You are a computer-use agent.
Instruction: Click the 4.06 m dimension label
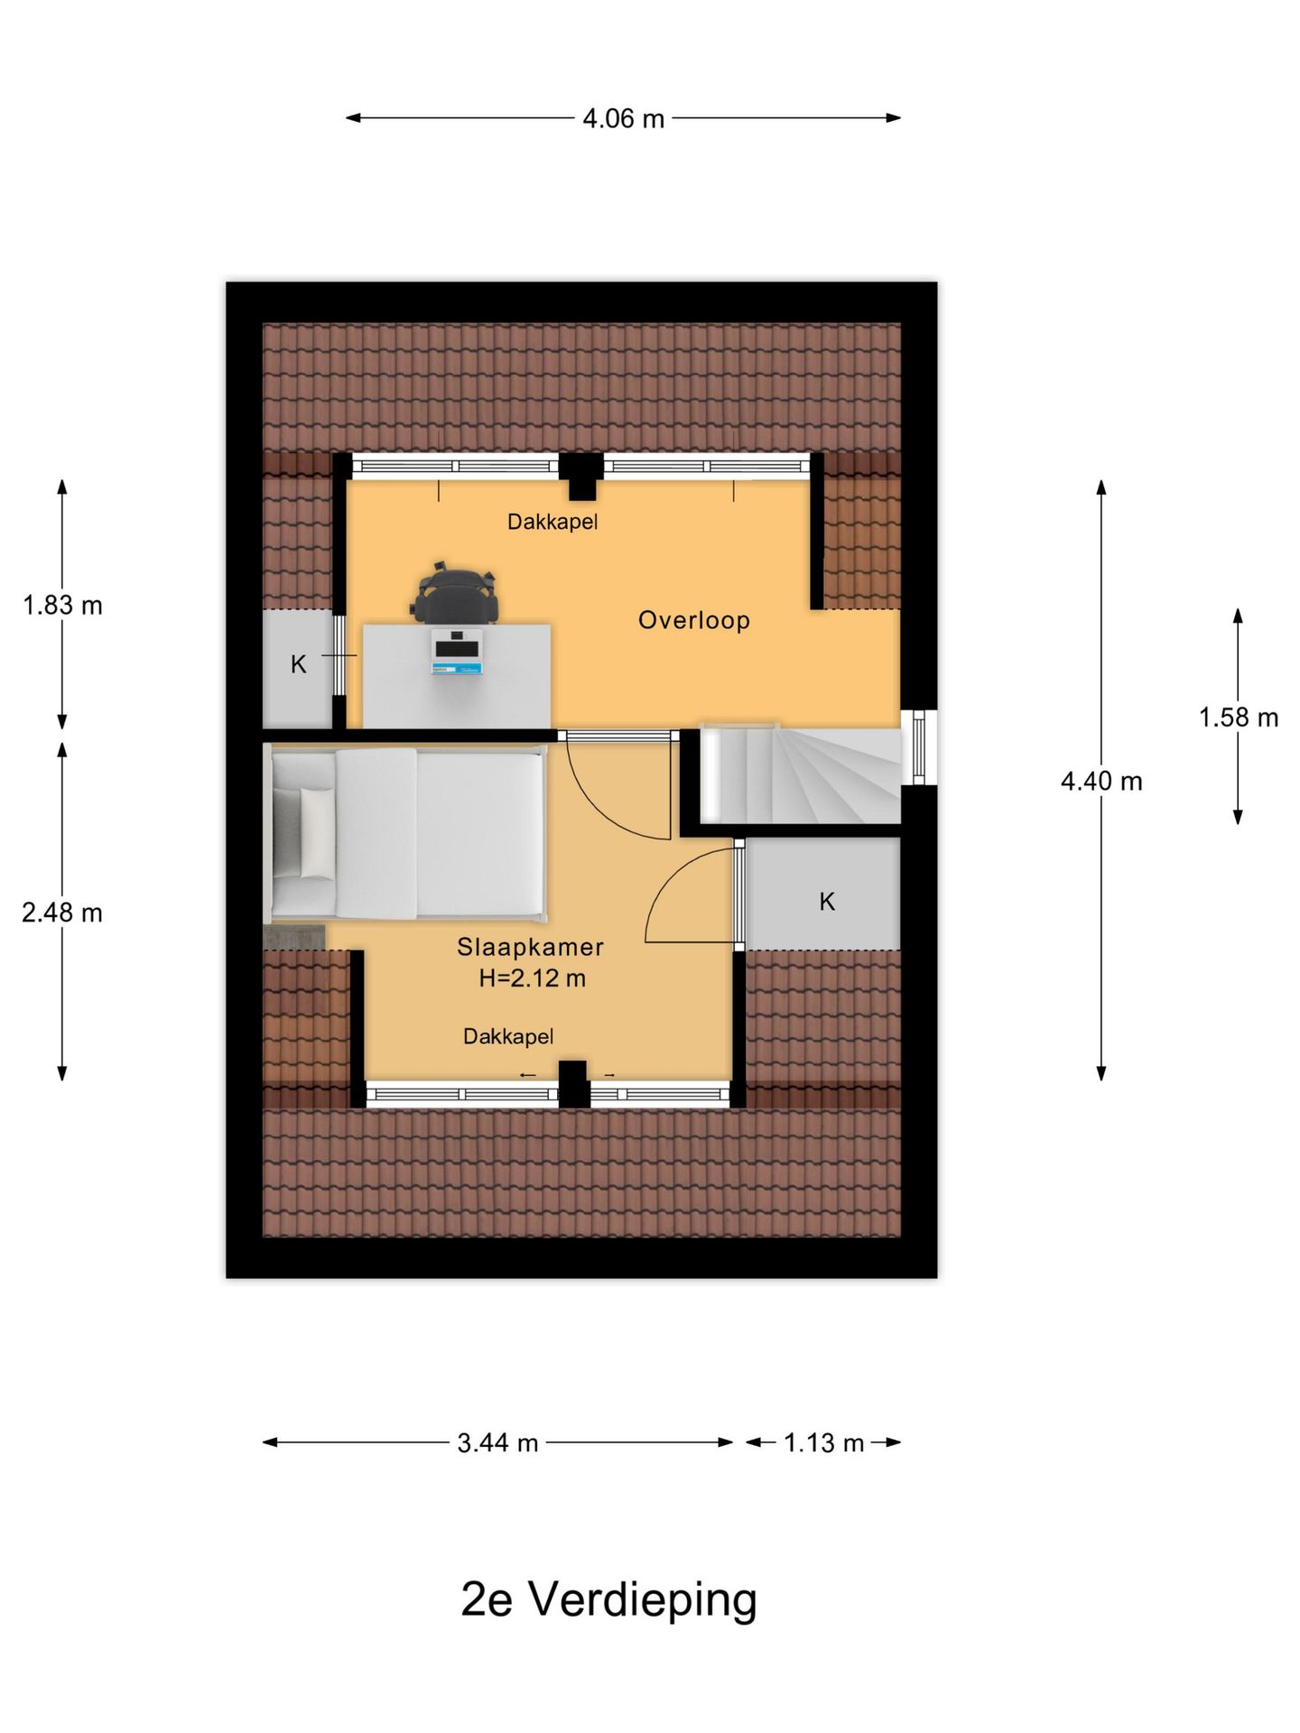[623, 118]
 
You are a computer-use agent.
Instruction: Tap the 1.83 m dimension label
[62, 605]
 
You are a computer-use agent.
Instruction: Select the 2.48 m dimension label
[62, 913]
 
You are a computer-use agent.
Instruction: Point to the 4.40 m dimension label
[1101, 781]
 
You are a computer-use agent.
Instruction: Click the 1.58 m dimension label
[1239, 718]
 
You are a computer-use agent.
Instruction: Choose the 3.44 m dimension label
[497, 1442]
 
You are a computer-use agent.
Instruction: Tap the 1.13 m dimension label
[823, 1442]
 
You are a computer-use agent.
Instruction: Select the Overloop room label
[694, 620]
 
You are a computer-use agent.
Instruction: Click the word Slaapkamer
[530, 947]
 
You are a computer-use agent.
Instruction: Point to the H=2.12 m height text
[533, 978]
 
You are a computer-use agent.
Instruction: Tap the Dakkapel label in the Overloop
[552, 522]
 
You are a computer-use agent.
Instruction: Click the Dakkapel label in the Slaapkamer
[508, 1036]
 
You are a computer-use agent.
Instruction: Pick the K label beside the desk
[299, 665]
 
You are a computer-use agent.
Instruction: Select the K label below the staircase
[827, 901]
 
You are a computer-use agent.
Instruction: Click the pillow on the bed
[316, 832]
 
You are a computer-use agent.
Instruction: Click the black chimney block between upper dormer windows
[581, 476]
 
